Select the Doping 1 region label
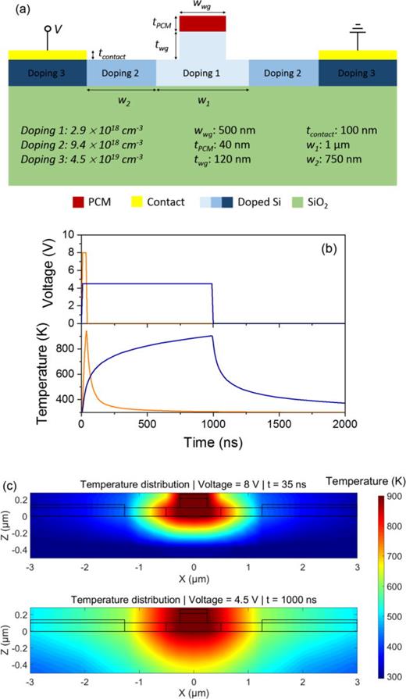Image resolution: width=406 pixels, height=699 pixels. tap(202, 72)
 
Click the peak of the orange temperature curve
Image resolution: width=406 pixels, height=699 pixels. tap(87, 332)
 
